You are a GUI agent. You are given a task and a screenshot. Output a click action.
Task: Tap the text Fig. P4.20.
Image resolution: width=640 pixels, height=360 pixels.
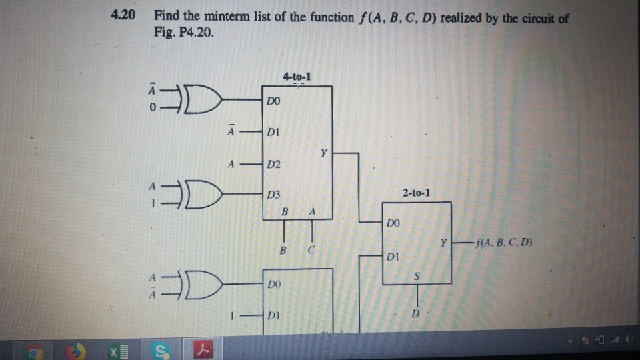click(185, 33)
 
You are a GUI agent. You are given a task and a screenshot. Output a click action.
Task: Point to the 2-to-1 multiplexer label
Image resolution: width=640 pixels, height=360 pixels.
click(417, 194)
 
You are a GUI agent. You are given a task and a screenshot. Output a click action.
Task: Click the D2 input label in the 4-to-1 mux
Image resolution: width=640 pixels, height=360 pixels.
click(273, 164)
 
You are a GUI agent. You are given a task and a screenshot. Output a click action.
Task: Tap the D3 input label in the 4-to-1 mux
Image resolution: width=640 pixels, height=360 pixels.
click(273, 195)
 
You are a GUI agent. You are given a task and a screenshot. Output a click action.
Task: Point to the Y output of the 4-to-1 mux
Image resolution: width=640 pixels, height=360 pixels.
click(323, 153)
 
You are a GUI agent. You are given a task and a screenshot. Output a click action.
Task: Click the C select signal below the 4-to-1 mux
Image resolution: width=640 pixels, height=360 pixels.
click(311, 251)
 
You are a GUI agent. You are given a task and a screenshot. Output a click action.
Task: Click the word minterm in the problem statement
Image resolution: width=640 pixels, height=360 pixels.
click(228, 17)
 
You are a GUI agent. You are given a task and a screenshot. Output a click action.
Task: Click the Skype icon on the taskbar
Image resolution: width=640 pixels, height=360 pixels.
click(161, 348)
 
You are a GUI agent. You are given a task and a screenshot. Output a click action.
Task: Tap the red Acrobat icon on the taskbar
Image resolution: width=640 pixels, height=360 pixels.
click(201, 348)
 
